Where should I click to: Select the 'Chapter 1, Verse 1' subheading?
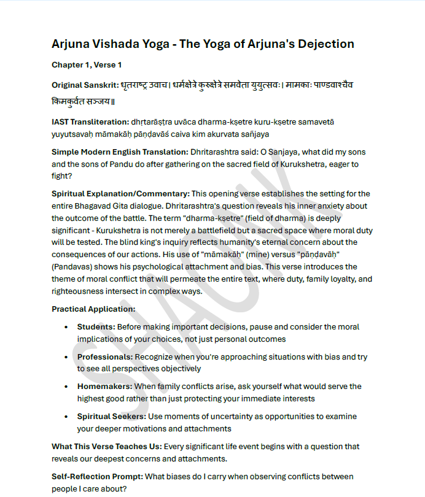pyautogui.click(x=87, y=64)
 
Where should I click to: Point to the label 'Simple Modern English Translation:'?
pyautogui.click(x=119, y=152)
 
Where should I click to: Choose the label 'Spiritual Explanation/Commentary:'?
pyautogui.click(x=120, y=194)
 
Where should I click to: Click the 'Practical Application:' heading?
pyautogui.click(x=93, y=309)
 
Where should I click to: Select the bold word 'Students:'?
pyautogui.click(x=96, y=327)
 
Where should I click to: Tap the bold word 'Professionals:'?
pyautogui.click(x=104, y=356)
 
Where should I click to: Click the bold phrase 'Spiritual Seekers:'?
pyautogui.click(x=111, y=417)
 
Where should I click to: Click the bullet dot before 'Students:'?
pyautogui.click(x=66, y=327)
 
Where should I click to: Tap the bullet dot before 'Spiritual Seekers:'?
pyautogui.click(x=66, y=417)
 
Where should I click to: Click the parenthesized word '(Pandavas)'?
pyautogui.click(x=72, y=267)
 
